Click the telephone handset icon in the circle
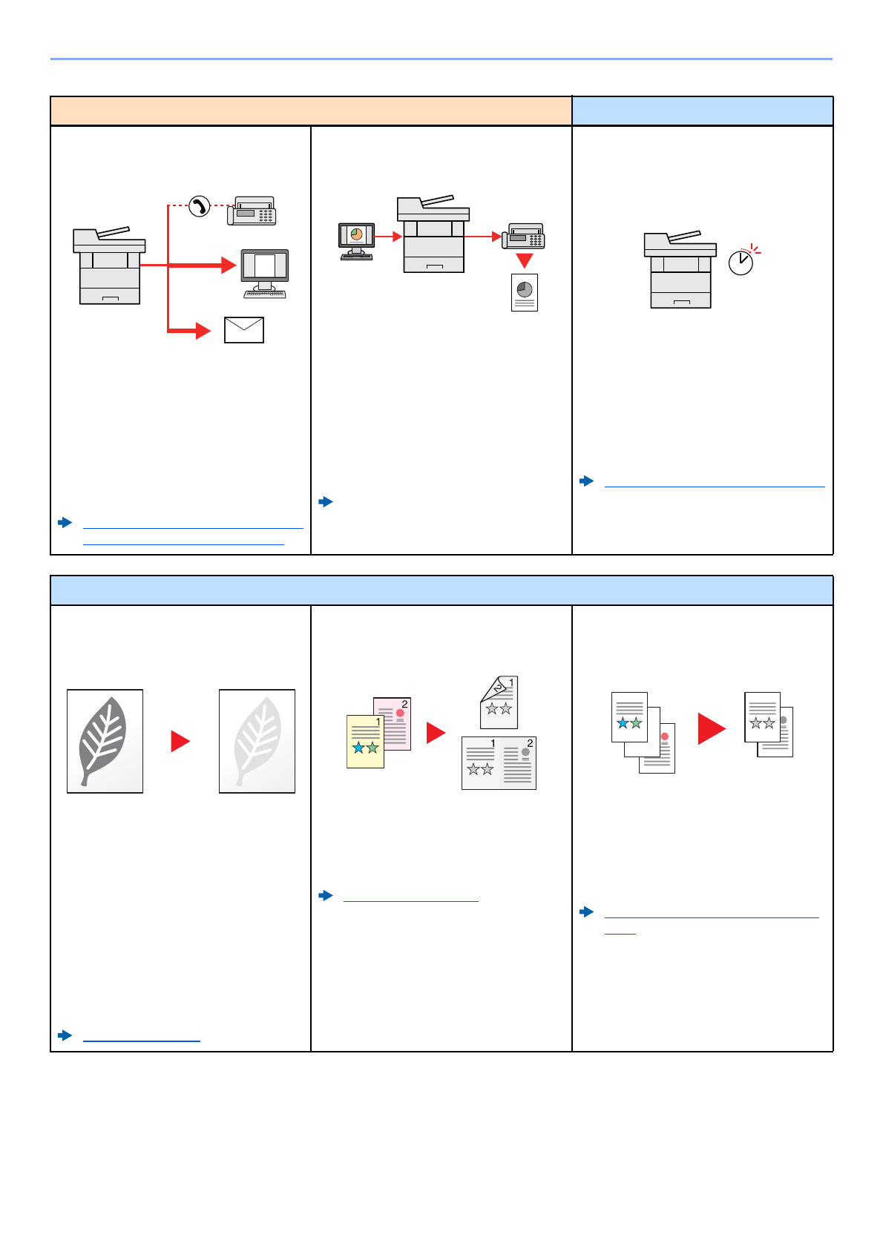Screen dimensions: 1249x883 (199, 205)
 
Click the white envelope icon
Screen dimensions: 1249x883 (244, 330)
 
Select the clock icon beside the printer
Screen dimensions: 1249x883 (741, 262)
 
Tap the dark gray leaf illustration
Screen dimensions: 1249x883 (105, 741)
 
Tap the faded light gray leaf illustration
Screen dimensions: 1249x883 (257, 741)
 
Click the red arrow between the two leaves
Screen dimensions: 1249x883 (180, 741)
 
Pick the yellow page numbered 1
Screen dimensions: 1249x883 (365, 741)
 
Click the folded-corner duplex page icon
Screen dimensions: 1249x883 (499, 702)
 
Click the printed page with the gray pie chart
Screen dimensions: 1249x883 (525, 292)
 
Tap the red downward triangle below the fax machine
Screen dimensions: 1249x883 (525, 260)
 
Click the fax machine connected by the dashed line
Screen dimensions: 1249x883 (252, 211)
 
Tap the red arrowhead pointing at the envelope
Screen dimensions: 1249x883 (203, 330)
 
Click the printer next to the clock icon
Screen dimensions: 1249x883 (680, 269)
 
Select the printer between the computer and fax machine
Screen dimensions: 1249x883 (433, 234)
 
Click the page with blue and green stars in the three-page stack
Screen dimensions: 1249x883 (629, 716)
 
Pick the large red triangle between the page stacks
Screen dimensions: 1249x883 (711, 728)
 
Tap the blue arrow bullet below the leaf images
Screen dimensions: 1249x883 (65, 1035)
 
